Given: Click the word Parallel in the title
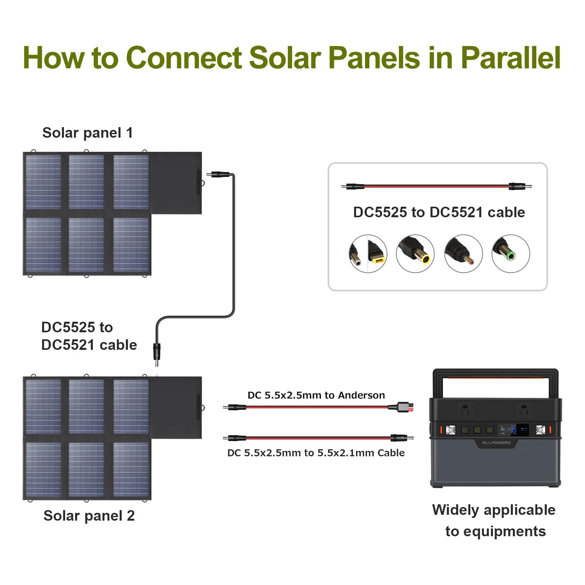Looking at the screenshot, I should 511,58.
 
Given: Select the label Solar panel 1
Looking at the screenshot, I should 87,133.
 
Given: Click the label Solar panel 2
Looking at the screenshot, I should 89,516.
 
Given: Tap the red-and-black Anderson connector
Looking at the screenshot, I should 402,407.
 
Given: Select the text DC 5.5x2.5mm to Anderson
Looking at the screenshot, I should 316,395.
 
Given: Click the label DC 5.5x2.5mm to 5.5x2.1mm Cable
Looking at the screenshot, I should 316,453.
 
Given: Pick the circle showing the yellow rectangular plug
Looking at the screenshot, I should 368,254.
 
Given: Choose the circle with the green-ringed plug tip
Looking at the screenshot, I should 511,254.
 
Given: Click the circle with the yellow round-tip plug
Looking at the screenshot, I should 415,254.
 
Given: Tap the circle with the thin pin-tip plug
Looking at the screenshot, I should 463,254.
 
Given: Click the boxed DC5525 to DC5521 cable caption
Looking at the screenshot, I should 439,212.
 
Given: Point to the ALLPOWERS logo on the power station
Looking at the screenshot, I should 496,443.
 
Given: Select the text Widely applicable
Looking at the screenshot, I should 494,510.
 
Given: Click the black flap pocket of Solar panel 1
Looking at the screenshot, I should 176,183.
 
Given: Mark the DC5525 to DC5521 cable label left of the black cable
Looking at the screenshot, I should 89,336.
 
